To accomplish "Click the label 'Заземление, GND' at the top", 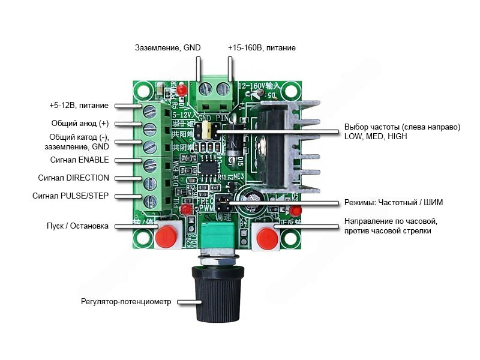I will point(168,47).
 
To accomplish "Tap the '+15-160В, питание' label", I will point(262,47).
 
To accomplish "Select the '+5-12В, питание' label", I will point(79,106).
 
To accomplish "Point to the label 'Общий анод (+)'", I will point(80,124).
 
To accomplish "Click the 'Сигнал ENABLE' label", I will point(79,160).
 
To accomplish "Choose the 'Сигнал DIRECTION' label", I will point(74,178).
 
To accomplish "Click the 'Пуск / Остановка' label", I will point(77,226).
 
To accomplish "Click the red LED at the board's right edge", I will point(295,210).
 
